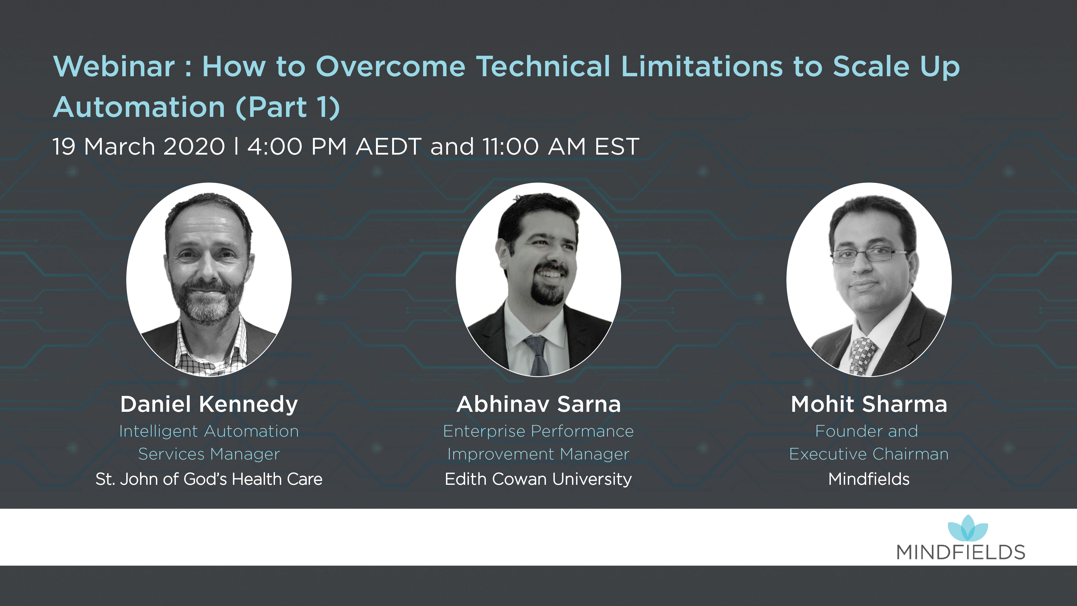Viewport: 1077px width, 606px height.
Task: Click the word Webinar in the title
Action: tap(114, 67)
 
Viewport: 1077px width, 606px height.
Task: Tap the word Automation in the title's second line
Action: tap(139, 107)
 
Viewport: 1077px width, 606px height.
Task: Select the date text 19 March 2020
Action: tap(138, 147)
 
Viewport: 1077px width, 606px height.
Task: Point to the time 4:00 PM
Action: tap(297, 147)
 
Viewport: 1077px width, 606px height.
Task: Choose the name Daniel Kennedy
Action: tap(209, 405)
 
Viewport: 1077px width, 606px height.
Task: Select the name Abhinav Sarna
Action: tap(539, 405)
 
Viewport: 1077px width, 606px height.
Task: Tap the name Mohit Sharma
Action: tap(869, 405)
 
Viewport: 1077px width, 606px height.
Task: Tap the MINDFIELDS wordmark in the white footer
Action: tap(961, 552)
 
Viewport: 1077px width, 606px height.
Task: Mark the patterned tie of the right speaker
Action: tap(862, 356)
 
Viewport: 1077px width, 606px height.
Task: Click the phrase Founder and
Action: tap(866, 431)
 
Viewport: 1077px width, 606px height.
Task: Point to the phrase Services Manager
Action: tap(209, 454)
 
